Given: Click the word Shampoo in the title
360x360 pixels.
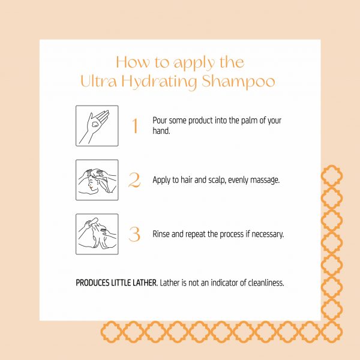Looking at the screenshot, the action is (238, 82).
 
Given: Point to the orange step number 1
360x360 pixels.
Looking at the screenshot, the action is (135, 125).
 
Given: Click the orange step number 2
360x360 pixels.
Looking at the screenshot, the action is (134, 180).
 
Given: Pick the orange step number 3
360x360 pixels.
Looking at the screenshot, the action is (134, 234).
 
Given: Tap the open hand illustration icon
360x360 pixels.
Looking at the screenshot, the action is (97, 126).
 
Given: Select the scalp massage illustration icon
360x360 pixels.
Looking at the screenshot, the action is (97, 180).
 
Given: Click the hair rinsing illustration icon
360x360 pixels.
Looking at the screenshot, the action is (97, 234).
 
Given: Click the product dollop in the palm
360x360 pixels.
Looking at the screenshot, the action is (95, 124).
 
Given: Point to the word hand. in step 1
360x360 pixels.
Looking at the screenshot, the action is (161, 131).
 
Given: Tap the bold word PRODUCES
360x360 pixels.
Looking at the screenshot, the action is (92, 283).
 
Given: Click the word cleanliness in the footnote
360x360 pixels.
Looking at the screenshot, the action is (266, 283).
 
